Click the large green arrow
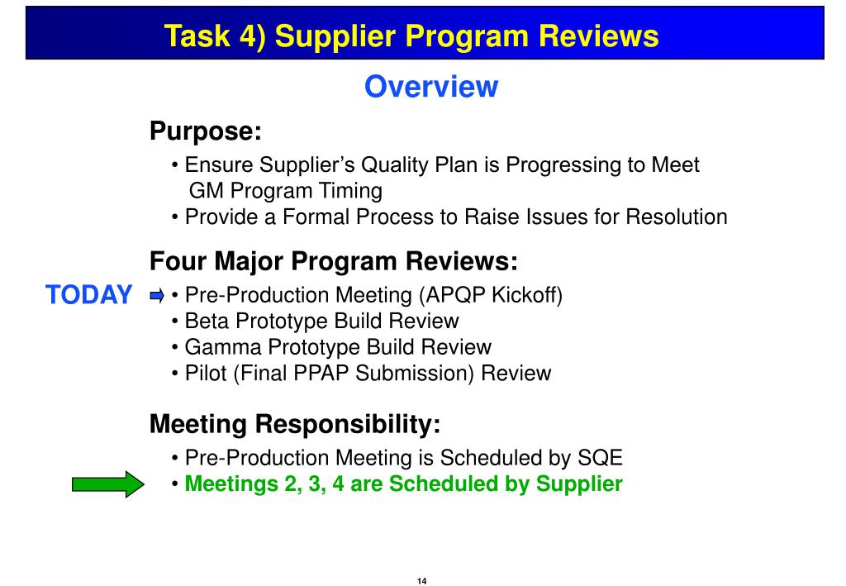click(107, 484)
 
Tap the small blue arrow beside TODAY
click(157, 295)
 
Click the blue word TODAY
click(88, 295)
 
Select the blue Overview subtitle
click(431, 86)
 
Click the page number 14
click(422, 581)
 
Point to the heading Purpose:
click(205, 131)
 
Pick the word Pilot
click(205, 373)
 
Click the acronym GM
click(207, 191)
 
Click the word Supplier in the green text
click(579, 484)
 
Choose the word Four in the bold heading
click(178, 262)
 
